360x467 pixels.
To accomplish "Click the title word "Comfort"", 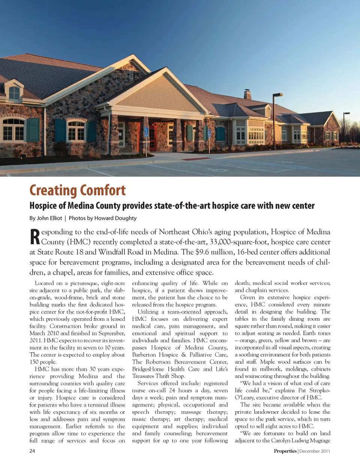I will pyautogui.click(x=102, y=190).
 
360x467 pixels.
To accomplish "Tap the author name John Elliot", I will pyautogui.click(x=49, y=218).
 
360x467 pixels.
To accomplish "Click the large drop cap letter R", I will pyautogui.click(x=34, y=237).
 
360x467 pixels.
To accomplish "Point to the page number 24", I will pyautogui.click(x=32, y=451).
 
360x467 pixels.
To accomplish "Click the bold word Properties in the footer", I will pyautogui.click(x=285, y=451).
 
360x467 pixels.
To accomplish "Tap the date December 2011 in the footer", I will pyautogui.click(x=315, y=451).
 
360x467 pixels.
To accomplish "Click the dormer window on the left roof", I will pyautogui.click(x=14, y=92).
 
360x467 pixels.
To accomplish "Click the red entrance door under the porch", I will pyautogui.click(x=152, y=136).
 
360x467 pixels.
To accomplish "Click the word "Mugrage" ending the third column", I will pyautogui.click(x=320, y=440).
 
